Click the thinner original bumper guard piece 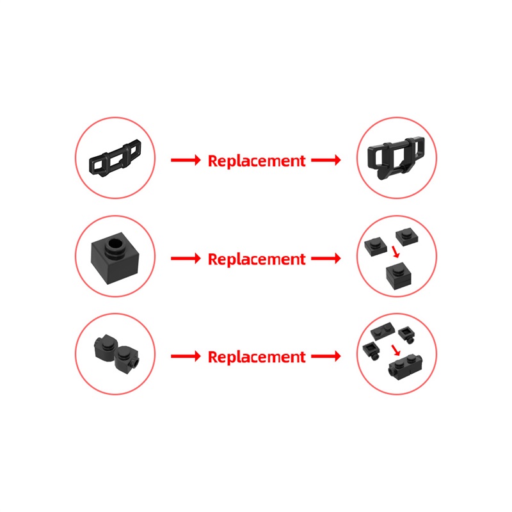[x=115, y=158]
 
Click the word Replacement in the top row [x=257, y=161]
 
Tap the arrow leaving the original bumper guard [x=186, y=160]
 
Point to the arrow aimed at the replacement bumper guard [x=326, y=160]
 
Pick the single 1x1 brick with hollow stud [x=115, y=258]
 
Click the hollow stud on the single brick [x=115, y=248]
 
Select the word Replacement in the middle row [x=257, y=259]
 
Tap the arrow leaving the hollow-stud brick [x=186, y=259]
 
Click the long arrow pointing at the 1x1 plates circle [x=326, y=259]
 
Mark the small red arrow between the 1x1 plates [x=396, y=252]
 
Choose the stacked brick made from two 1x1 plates [x=398, y=276]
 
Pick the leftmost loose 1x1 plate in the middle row [x=376, y=246]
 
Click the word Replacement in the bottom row [x=257, y=356]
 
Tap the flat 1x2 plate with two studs [x=383, y=331]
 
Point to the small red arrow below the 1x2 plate [x=396, y=350]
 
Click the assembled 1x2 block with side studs [x=405, y=367]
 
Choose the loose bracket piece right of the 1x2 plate [x=407, y=335]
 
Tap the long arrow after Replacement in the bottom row [x=326, y=356]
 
